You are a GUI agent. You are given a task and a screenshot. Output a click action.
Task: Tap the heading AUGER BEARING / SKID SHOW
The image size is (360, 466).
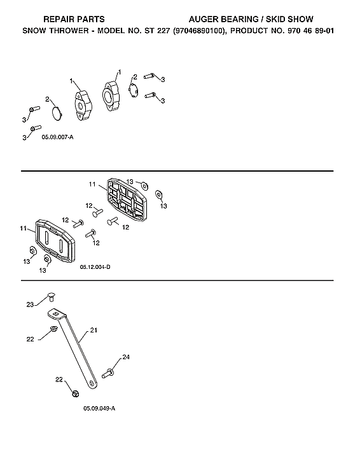pyautogui.click(x=260, y=20)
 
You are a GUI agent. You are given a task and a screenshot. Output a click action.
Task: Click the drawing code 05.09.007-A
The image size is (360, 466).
pyautogui.click(x=58, y=137)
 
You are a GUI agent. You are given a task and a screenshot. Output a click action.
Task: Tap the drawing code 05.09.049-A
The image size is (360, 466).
pyautogui.click(x=99, y=408)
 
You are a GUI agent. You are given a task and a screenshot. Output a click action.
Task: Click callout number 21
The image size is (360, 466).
pyautogui.click(x=93, y=330)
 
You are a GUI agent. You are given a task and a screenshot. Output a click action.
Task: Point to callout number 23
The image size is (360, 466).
pyautogui.click(x=30, y=305)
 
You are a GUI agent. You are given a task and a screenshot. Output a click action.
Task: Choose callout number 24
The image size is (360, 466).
pyautogui.click(x=126, y=357)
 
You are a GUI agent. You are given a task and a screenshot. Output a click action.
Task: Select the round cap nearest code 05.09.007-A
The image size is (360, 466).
pyautogui.click(x=57, y=113)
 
